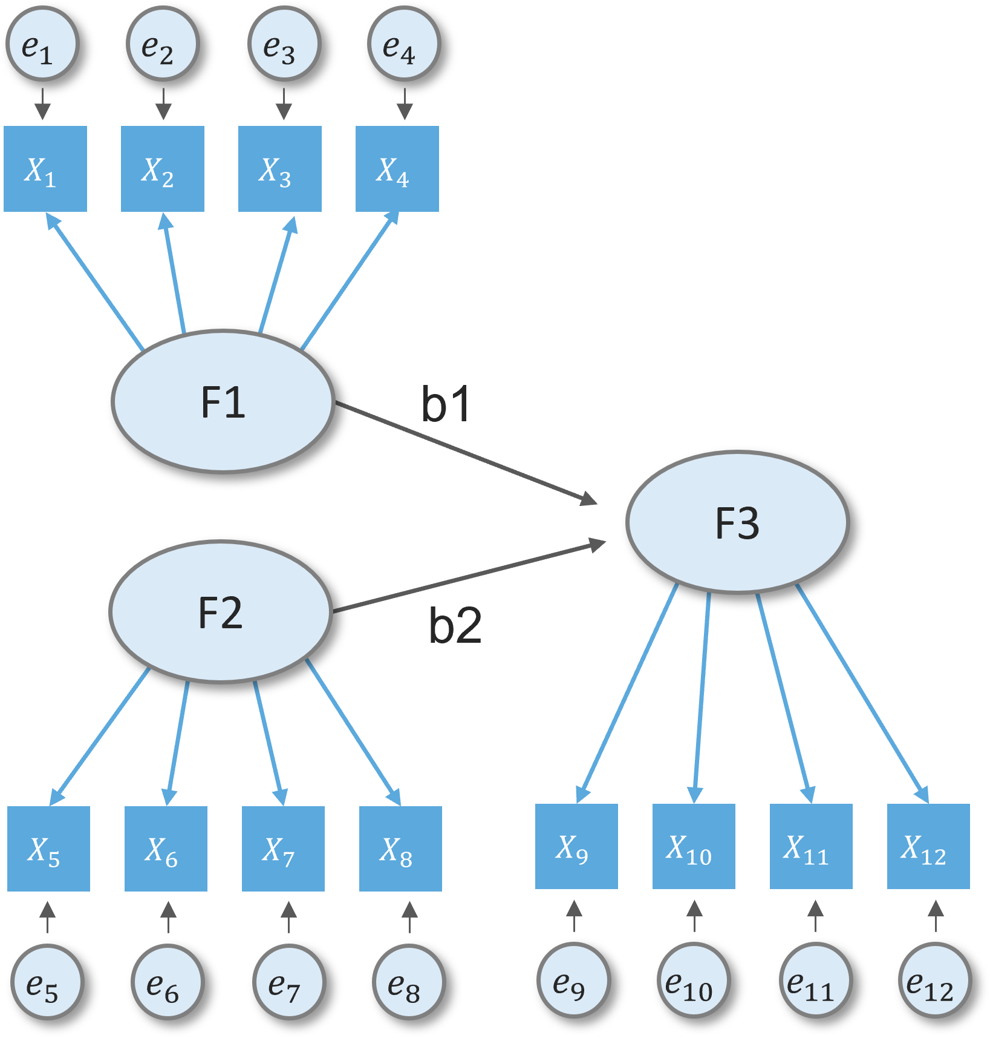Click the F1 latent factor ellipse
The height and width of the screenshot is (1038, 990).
pos(223,401)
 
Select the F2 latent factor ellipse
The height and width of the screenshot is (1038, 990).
pos(220,612)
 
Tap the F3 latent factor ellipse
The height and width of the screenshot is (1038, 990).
pos(737,522)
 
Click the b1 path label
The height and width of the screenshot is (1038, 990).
pos(446,404)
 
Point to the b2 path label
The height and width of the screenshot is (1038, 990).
pos(455,625)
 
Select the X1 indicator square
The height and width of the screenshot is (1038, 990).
pos(45,169)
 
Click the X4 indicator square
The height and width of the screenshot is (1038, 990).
pos(397,169)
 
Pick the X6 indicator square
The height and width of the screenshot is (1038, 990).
pos(166,849)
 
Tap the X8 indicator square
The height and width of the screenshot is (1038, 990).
pos(400,849)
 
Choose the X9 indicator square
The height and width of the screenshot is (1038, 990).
pos(576,846)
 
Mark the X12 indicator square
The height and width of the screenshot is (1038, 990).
pos(928,846)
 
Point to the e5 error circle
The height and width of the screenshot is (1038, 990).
pos(47,982)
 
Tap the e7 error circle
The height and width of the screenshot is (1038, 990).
pos(289,982)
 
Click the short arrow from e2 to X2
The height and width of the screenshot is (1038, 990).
pos(163,104)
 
